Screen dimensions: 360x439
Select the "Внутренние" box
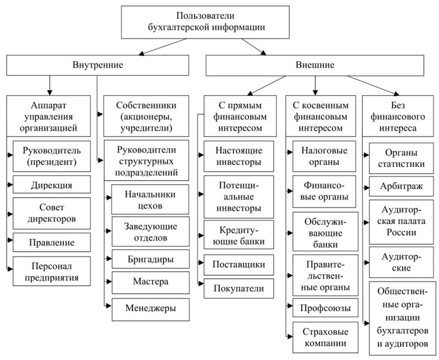[98, 64]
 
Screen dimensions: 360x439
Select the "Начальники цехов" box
[150, 200]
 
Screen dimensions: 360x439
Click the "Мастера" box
[150, 282]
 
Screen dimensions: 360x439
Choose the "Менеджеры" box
[150, 308]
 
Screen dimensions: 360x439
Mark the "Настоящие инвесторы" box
[239, 156]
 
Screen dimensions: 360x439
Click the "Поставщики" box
[239, 264]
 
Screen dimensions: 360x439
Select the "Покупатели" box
[239, 288]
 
